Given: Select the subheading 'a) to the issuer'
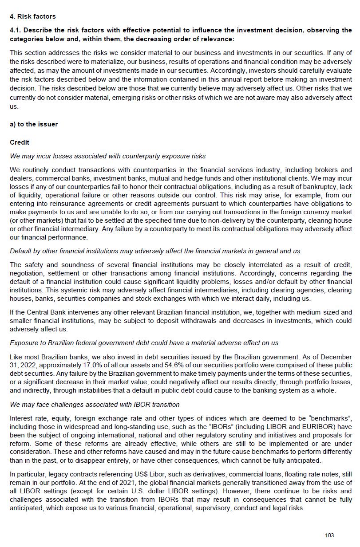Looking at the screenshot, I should (34, 124).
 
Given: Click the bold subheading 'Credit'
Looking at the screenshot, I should (20, 142).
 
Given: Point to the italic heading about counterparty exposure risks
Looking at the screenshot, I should (107, 156).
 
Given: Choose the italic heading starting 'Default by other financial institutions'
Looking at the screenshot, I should (155, 251).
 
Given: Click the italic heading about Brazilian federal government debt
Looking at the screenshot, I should (144, 343).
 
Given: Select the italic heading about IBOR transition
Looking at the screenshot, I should (95, 405).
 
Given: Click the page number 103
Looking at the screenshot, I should (329, 535).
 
